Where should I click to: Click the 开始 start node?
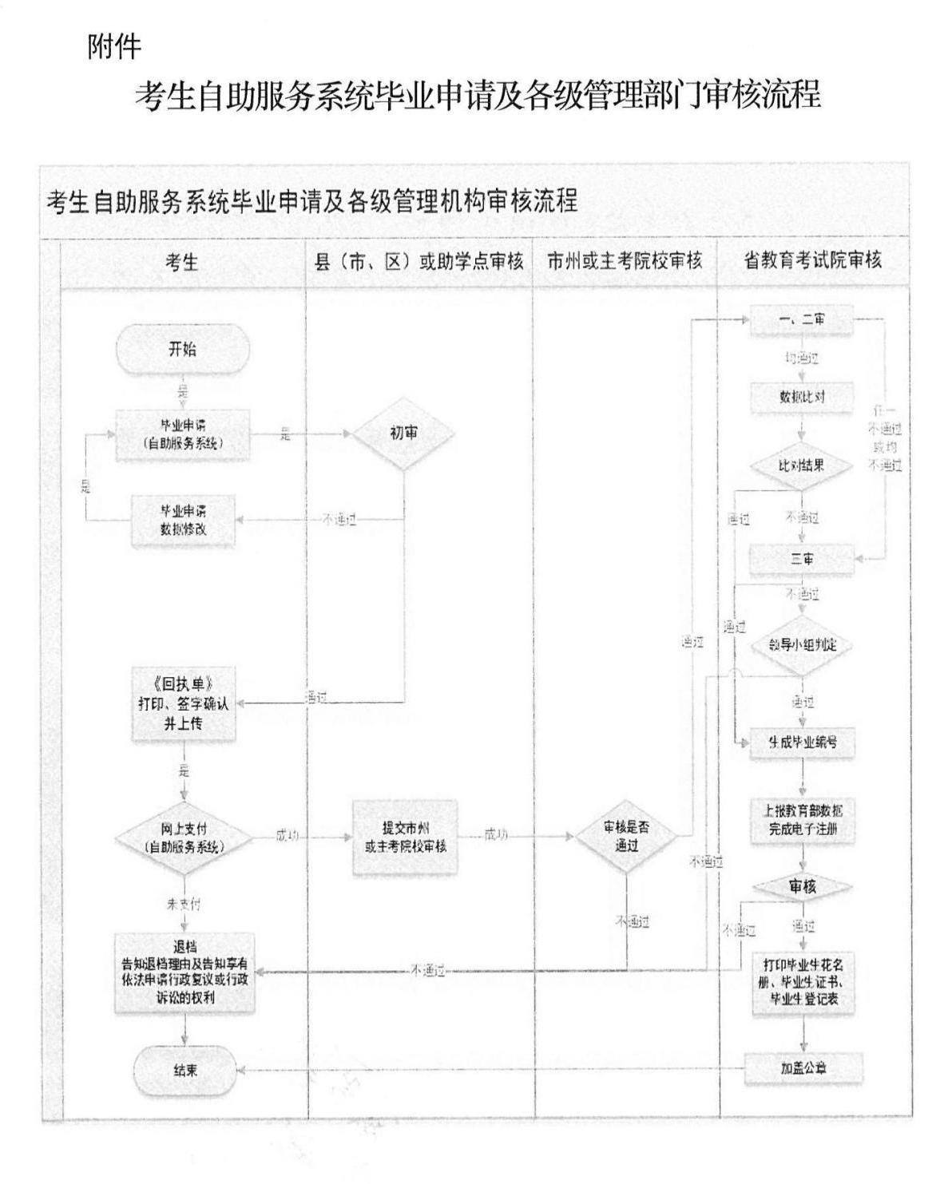183,350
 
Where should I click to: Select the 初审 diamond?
404,434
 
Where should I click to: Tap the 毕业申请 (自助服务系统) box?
183,434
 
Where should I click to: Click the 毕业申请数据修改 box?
184,520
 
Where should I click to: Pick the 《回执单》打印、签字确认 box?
184,703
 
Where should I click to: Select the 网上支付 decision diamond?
184,838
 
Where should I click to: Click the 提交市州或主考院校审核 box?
406,838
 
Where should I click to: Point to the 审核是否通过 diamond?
627,838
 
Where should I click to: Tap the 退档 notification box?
184,973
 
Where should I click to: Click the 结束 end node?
185,1071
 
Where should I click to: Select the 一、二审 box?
802,320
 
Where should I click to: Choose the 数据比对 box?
802,397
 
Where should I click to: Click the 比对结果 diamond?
802,465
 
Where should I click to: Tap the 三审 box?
802,560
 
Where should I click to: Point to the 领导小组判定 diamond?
802,645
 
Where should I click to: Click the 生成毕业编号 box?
803,742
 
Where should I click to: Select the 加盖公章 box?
803,1068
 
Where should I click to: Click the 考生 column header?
182,262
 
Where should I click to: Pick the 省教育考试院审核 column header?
813,261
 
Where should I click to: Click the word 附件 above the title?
114,47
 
